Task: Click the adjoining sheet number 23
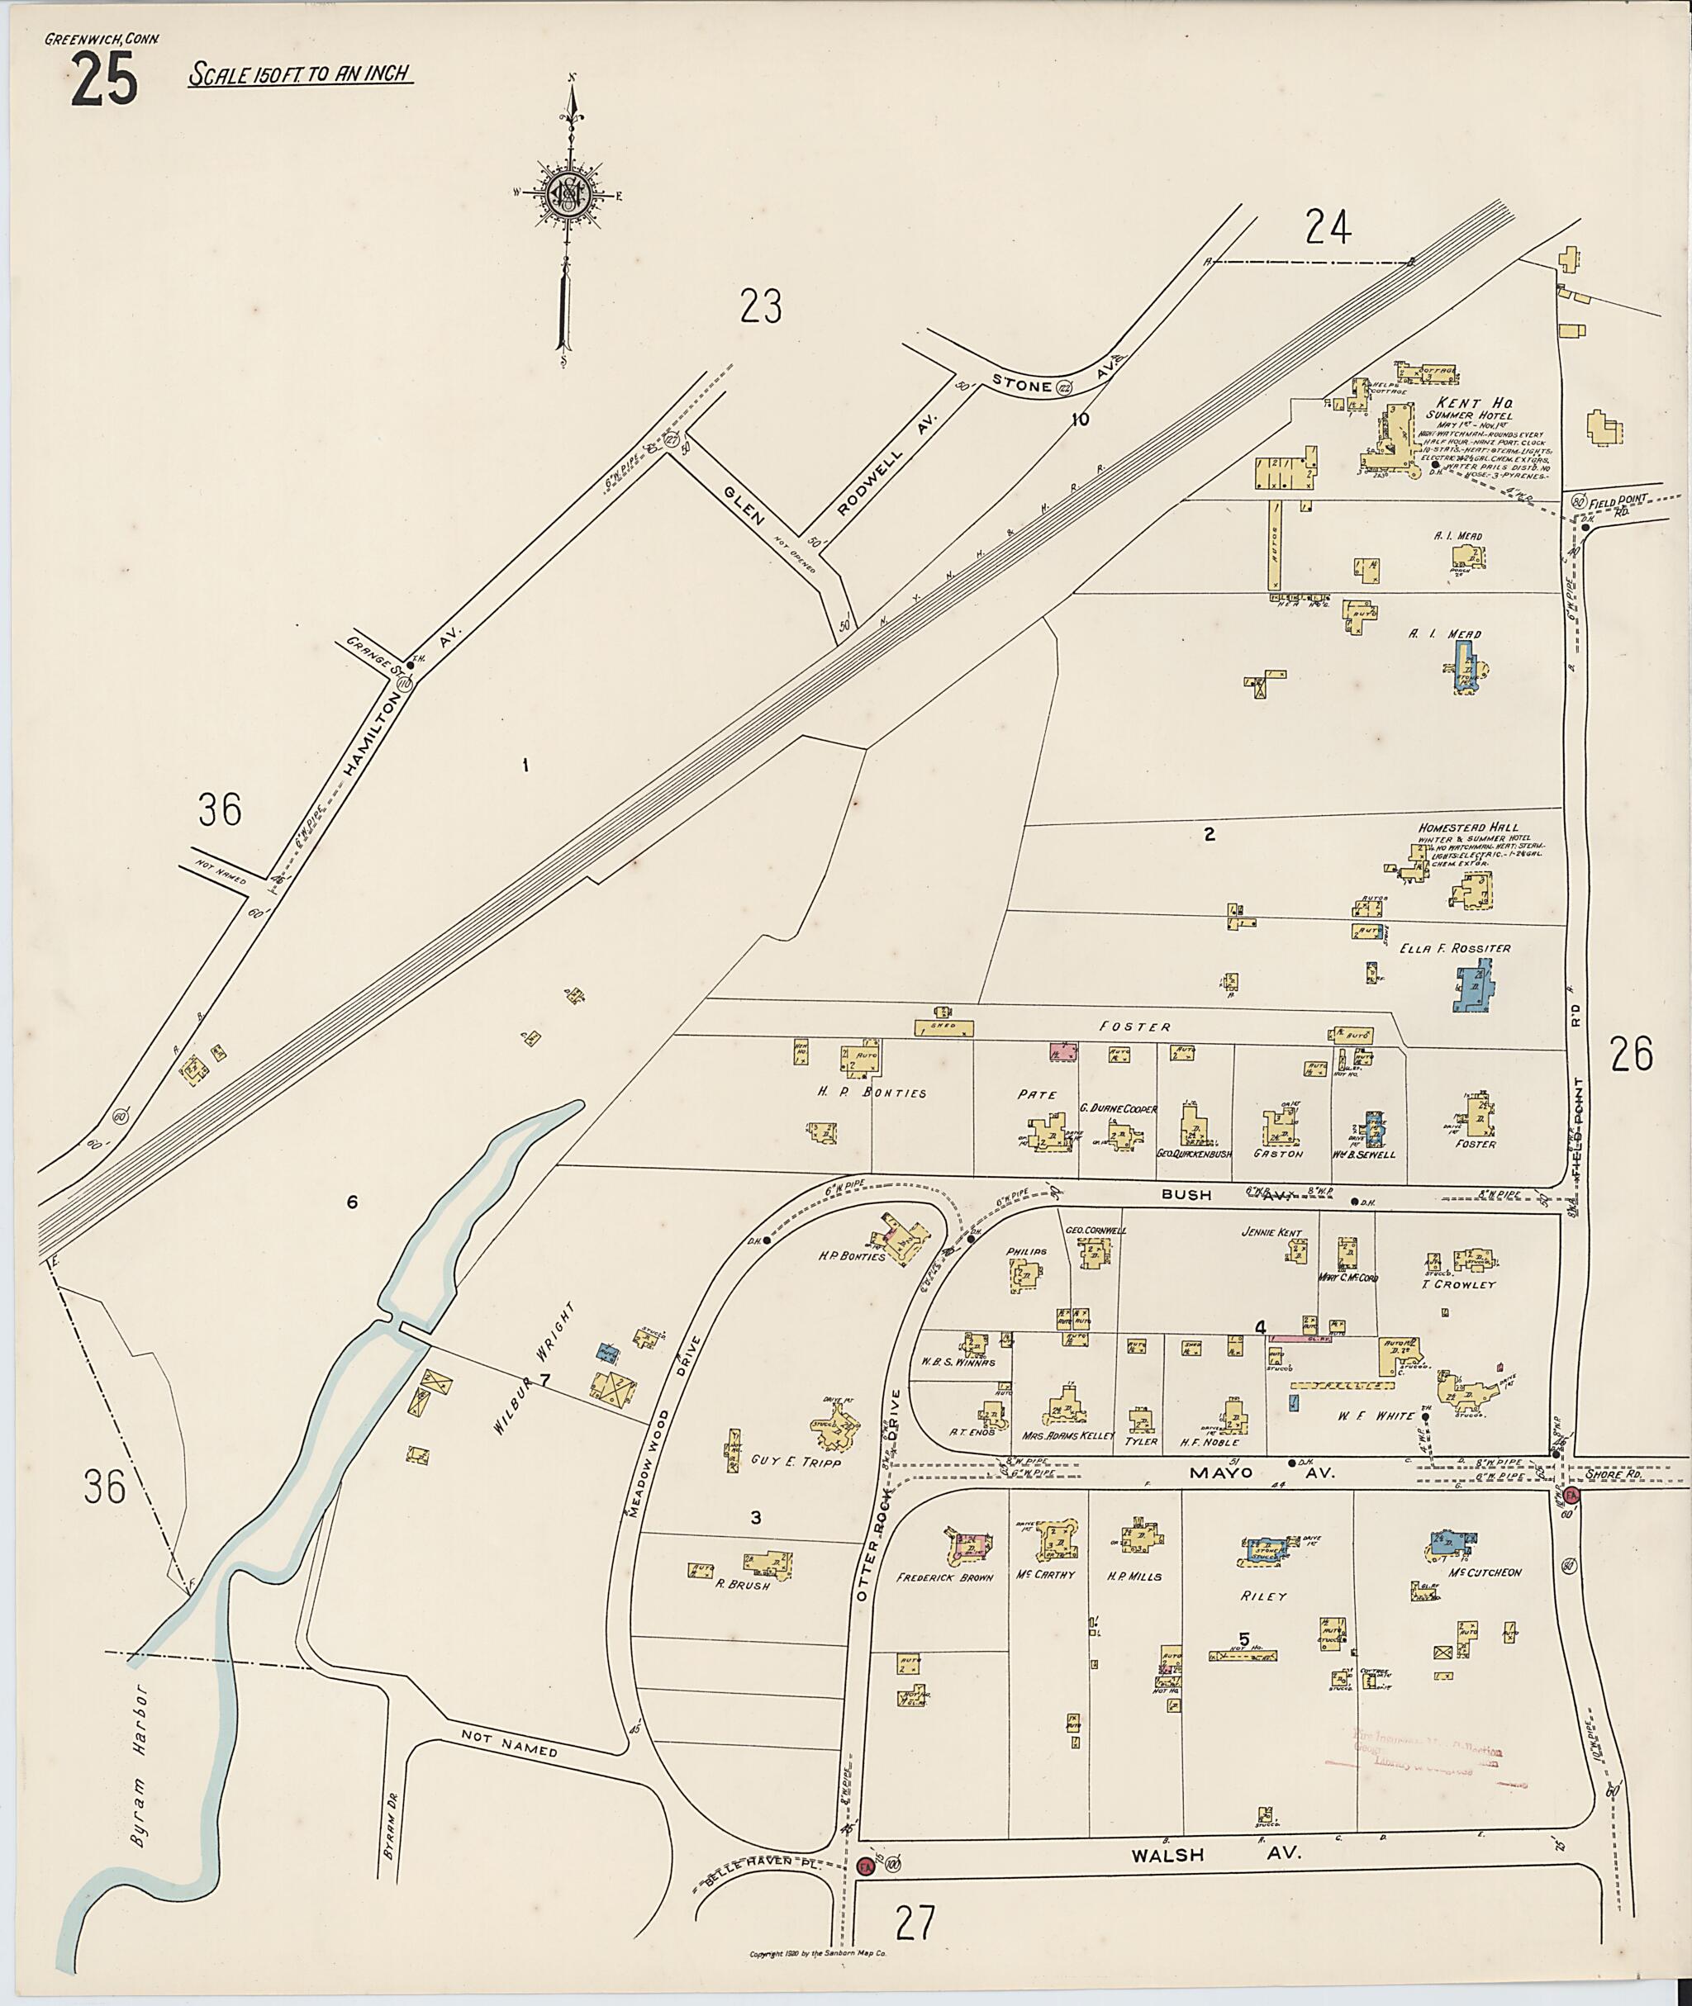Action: [761, 307]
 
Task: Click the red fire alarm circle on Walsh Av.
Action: [865, 1892]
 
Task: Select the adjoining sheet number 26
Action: [1632, 1055]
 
